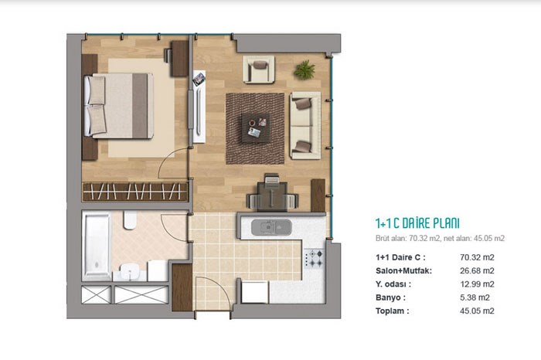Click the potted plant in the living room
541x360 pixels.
pyautogui.click(x=305, y=70)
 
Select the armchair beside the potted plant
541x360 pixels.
pyautogui.click(x=259, y=70)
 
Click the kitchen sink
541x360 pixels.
pyautogui.click(x=271, y=228)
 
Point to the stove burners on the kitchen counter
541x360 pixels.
pyautogui.click(x=315, y=259)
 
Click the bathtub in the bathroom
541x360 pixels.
pyautogui.click(x=97, y=246)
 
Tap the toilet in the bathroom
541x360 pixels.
pyautogui.click(x=130, y=220)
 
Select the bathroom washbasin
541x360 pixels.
pyautogui.click(x=130, y=272)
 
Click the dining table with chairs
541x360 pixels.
pyautogui.click(x=272, y=193)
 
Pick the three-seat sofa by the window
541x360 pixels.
pyautogui.click(x=305, y=125)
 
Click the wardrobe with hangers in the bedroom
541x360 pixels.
pyautogui.click(x=135, y=192)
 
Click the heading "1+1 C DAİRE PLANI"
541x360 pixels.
pyautogui.click(x=417, y=223)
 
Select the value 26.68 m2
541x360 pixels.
pyautogui.click(x=477, y=270)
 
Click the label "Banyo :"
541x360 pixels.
pyautogui.click(x=390, y=297)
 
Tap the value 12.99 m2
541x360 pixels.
pyautogui.click(x=477, y=284)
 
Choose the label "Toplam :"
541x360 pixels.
pyautogui.click(x=393, y=311)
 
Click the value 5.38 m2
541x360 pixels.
pyautogui.click(x=475, y=297)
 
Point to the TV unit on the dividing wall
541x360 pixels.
pyautogui.click(x=199, y=107)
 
